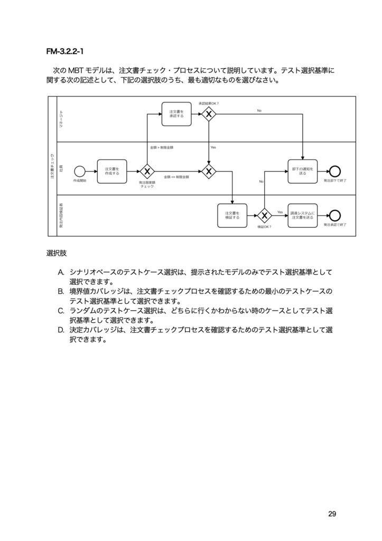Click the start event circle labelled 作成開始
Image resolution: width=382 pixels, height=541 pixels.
click(80, 171)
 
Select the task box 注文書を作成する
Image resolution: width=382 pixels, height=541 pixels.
click(112, 171)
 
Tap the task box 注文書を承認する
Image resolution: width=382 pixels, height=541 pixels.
click(176, 114)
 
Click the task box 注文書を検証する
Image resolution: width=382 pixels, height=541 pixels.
click(232, 215)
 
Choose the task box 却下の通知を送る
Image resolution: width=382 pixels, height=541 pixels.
click(302, 171)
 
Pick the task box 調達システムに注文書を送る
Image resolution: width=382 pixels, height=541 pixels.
click(302, 215)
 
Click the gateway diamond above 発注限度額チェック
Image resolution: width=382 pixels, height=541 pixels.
click(146, 171)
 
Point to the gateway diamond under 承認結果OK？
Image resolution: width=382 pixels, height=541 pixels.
click(209, 114)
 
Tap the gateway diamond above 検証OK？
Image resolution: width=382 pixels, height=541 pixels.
click(264, 215)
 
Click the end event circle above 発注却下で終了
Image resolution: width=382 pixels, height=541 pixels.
click(334, 171)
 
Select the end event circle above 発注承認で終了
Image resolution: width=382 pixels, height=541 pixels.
click(334, 215)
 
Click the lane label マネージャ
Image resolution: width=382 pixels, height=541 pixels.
click(61, 119)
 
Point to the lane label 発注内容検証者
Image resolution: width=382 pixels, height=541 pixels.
click(61, 215)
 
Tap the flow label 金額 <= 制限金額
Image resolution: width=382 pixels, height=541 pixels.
click(176, 177)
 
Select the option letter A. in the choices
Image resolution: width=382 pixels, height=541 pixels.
click(61, 272)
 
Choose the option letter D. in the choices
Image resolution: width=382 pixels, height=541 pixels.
click(61, 330)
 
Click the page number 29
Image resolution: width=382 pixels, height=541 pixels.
click(332, 514)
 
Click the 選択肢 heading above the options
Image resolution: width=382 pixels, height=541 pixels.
click(57, 253)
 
